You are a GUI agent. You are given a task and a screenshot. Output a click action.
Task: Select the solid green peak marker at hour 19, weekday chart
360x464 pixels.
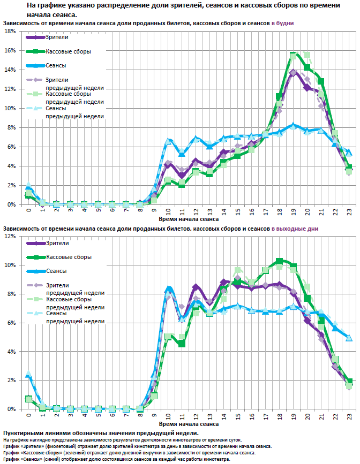pyautogui.click(x=294, y=55)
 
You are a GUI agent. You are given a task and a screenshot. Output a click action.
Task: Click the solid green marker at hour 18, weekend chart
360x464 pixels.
pyautogui.click(x=280, y=261)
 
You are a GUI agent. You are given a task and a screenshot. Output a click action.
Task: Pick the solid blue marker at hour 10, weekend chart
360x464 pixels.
pyautogui.click(x=168, y=290)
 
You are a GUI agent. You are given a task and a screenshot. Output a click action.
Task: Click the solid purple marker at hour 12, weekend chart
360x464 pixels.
pyautogui.click(x=196, y=287)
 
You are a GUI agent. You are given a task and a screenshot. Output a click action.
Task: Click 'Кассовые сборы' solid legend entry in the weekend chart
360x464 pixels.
pyautogui.click(x=68, y=257)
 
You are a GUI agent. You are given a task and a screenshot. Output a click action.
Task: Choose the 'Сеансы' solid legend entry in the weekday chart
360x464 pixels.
pyautogui.click(x=56, y=65)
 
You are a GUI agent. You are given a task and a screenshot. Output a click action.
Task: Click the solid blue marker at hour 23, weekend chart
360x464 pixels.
pyautogui.click(x=349, y=338)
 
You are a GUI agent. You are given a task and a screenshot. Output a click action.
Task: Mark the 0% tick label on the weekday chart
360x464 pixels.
pyautogui.click(x=10, y=204)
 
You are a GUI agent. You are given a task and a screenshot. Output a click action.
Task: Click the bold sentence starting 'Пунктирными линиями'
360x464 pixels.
pyautogui.click(x=101, y=432)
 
